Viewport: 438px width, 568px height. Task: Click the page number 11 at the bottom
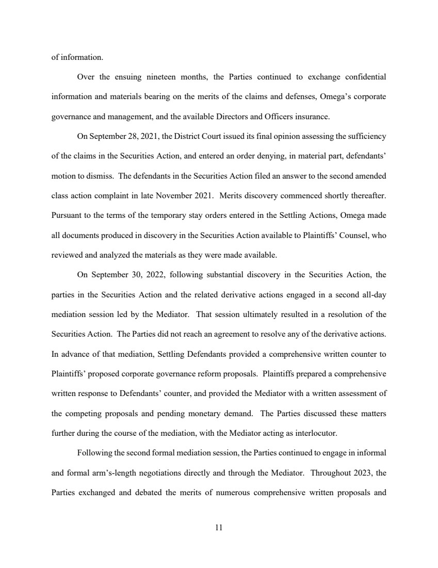point(219,528)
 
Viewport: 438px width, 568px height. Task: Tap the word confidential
point(362,77)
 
